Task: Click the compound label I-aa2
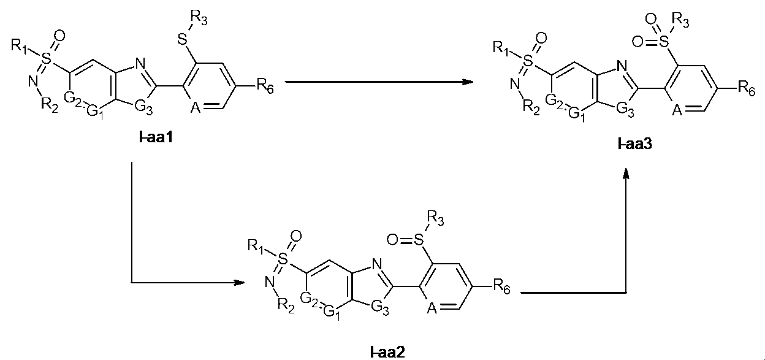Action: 387,351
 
